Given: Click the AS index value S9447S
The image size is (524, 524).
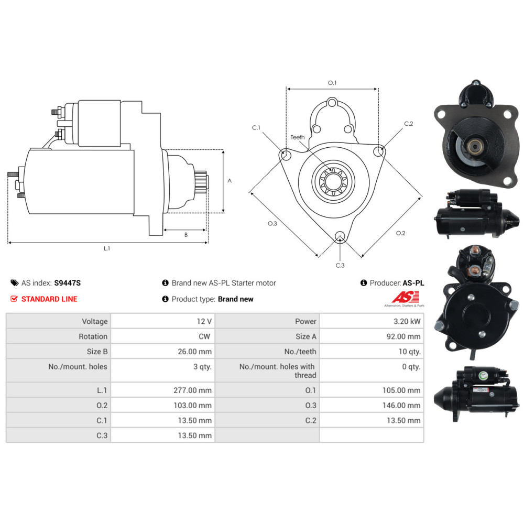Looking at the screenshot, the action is [67, 283].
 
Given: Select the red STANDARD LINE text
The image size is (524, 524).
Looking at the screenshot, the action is [49, 299].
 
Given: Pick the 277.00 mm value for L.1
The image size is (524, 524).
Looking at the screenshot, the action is [192, 390].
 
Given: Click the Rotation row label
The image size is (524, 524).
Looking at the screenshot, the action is [93, 336].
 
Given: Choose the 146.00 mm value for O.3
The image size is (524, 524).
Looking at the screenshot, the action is [401, 406].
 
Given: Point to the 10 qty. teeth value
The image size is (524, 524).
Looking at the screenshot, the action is [410, 352].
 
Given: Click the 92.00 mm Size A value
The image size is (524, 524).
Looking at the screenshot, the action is [403, 336].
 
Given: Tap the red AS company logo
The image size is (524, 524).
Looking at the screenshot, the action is [406, 297].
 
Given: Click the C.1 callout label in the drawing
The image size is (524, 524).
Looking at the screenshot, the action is [256, 128].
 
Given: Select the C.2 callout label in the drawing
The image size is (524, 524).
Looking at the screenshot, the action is [408, 124].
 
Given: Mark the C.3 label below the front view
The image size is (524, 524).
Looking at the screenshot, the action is [340, 265].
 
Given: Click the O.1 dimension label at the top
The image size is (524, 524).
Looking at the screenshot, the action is [332, 83].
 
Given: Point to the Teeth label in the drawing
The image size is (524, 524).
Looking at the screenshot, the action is [298, 137].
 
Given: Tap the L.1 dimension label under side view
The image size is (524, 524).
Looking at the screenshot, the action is [106, 248].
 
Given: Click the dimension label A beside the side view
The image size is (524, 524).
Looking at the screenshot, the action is [230, 181].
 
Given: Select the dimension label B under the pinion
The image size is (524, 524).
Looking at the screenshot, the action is [186, 235].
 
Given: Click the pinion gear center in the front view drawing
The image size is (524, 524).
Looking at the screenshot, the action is [333, 181].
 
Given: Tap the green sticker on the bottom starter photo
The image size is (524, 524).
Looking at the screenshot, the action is [482, 376].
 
